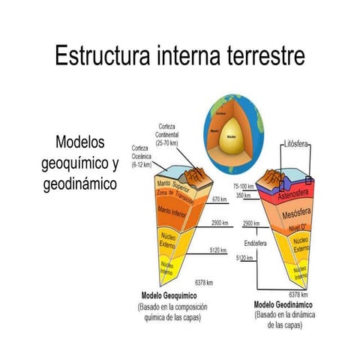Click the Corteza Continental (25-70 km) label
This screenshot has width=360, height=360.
(173, 133)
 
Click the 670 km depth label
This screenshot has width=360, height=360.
(218, 199)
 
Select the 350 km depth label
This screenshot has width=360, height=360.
(241, 196)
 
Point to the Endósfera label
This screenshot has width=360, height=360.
(255, 243)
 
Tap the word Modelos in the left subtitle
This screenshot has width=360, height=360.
(80, 142)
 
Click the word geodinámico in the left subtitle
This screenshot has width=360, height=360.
(80, 184)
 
